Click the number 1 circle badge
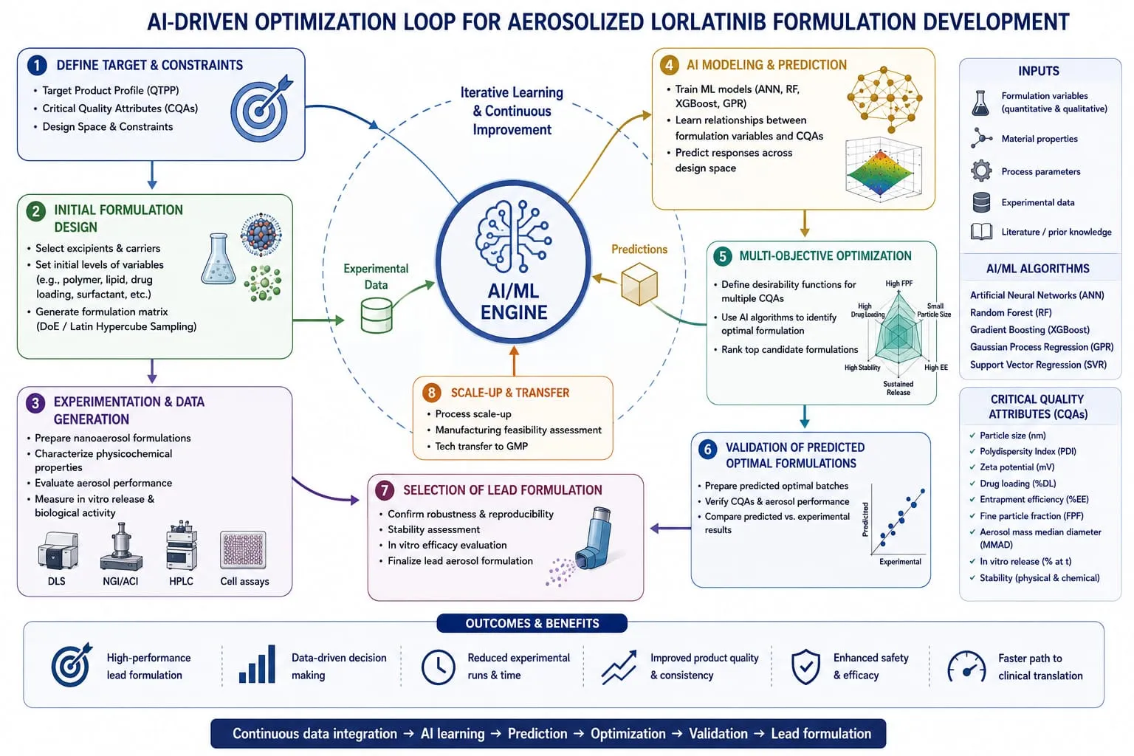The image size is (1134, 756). point(37,65)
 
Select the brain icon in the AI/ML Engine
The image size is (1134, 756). point(513,236)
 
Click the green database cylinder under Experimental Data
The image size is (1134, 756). point(376,315)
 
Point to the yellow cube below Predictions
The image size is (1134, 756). point(639,283)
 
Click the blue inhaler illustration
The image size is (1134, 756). point(596,538)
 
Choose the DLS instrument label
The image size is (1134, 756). point(56,581)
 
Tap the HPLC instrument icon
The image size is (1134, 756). point(181,546)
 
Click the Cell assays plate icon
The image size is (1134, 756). point(243,550)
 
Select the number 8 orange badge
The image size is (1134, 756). point(432,393)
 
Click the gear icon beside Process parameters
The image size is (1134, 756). point(981,171)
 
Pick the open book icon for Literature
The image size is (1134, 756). point(981,232)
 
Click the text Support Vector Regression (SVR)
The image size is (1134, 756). point(1038,365)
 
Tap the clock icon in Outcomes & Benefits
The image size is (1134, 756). point(438,667)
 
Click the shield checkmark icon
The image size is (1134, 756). point(805,667)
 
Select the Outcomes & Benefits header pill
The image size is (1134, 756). point(532,623)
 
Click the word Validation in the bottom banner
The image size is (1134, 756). point(718,733)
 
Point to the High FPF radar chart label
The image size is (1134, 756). point(898,283)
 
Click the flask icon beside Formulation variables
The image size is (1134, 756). point(980,103)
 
